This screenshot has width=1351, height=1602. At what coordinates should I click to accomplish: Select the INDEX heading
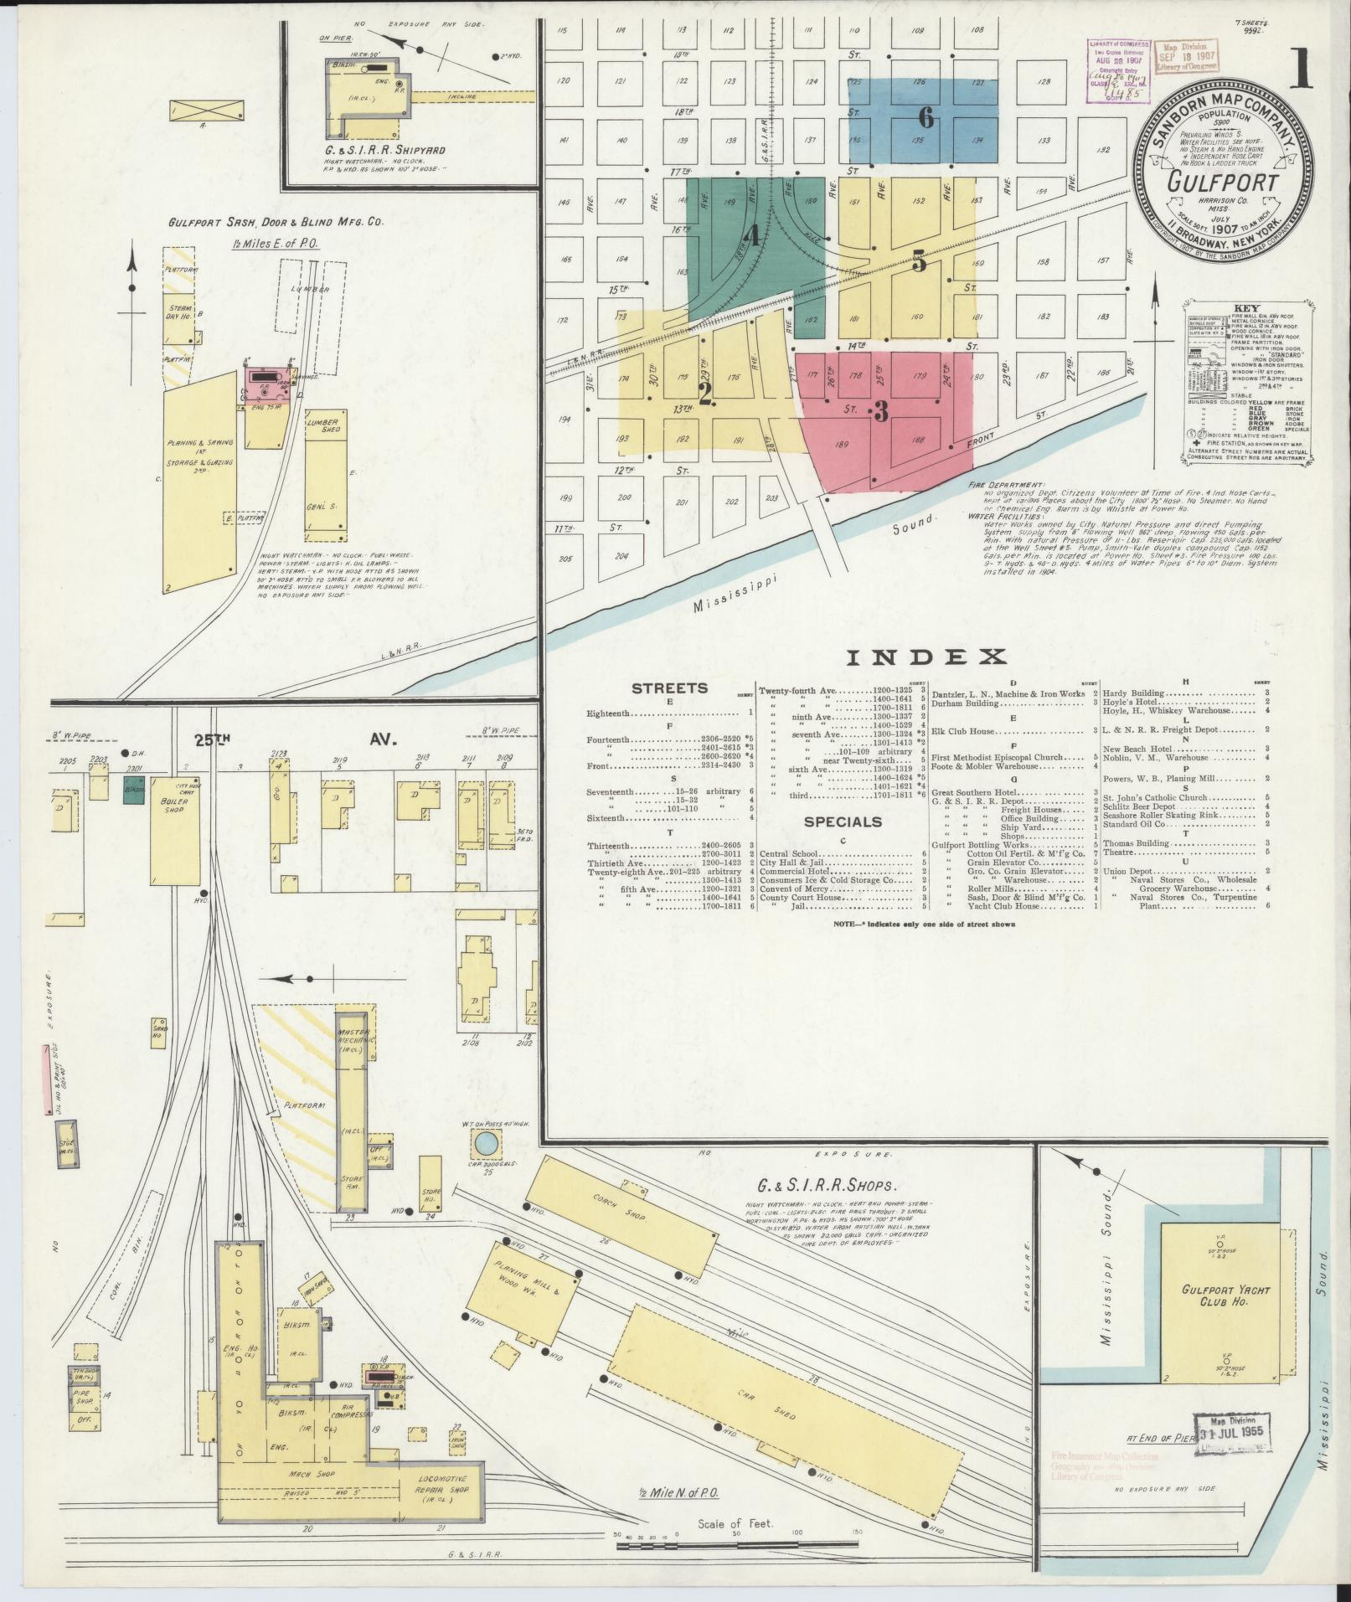tap(925, 657)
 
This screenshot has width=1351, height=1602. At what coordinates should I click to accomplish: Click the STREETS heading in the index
tap(669, 688)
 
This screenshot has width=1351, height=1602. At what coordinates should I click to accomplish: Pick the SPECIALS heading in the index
tap(843, 822)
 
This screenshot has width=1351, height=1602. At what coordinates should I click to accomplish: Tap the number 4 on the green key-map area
tap(752, 238)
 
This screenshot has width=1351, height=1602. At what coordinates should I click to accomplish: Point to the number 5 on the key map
tap(919, 263)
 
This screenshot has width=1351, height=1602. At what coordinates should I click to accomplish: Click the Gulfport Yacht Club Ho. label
tap(1219, 1318)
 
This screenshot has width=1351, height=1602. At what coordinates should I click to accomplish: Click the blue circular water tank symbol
tap(484, 1141)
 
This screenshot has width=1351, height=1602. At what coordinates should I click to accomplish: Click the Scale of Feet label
tap(735, 1548)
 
